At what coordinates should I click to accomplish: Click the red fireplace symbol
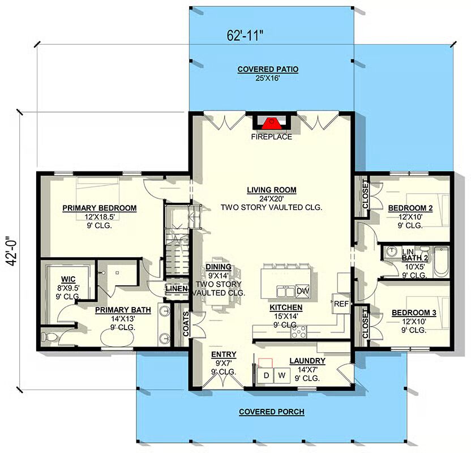point(272,123)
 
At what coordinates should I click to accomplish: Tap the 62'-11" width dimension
point(245,36)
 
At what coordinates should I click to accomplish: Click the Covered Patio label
point(268,70)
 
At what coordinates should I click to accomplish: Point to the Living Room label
point(272,190)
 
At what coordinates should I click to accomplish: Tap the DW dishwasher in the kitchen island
point(302,291)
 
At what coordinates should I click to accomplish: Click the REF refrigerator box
point(341,304)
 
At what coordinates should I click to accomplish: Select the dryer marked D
point(266,375)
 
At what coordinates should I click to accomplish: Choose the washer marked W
point(282,375)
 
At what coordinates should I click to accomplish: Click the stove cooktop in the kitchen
point(298,332)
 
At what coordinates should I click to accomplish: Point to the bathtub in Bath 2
point(441,262)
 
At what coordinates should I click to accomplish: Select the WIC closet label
point(68,279)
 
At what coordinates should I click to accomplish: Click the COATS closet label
point(186,324)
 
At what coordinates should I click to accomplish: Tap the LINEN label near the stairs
point(177,289)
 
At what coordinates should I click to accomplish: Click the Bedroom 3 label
point(414,313)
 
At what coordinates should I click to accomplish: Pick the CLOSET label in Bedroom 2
point(365,194)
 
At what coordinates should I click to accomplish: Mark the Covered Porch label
point(272,412)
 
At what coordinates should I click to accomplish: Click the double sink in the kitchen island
point(286,292)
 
